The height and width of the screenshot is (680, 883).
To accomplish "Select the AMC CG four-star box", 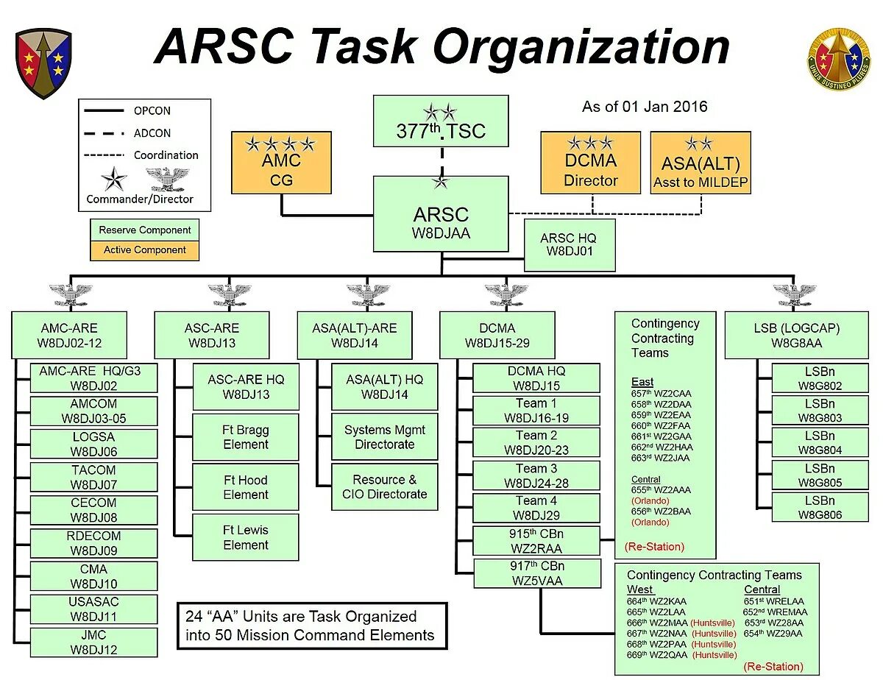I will [x=281, y=162].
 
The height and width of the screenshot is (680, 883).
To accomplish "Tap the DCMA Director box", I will [x=590, y=163].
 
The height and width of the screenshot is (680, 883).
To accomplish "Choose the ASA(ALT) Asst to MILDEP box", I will [x=701, y=163].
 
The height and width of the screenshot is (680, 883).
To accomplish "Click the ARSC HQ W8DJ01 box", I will [x=568, y=245].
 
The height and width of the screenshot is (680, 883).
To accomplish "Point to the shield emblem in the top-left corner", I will [x=43, y=63].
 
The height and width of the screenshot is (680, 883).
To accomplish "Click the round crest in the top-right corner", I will [x=838, y=60].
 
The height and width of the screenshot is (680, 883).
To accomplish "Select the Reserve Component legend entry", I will [x=144, y=230].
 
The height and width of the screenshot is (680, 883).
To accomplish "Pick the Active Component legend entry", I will [x=144, y=250].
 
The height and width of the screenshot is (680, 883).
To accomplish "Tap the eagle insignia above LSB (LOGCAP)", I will [x=795, y=294].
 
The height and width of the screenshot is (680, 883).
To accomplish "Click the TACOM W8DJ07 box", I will [x=93, y=477].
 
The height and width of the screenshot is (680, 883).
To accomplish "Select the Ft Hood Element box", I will [x=246, y=487].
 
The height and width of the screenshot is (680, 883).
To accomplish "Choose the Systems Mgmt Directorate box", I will [x=384, y=437].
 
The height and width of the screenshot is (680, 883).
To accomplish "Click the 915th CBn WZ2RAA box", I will [x=536, y=541].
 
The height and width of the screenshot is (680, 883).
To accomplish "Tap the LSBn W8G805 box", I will [x=820, y=476].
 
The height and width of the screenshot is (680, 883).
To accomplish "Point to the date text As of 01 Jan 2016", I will [x=645, y=107].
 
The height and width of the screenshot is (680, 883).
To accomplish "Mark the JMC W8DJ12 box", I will [x=93, y=642].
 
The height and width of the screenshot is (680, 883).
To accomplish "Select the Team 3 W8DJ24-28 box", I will [x=536, y=476].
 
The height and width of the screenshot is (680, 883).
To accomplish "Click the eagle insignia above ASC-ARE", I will [x=230, y=294].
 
